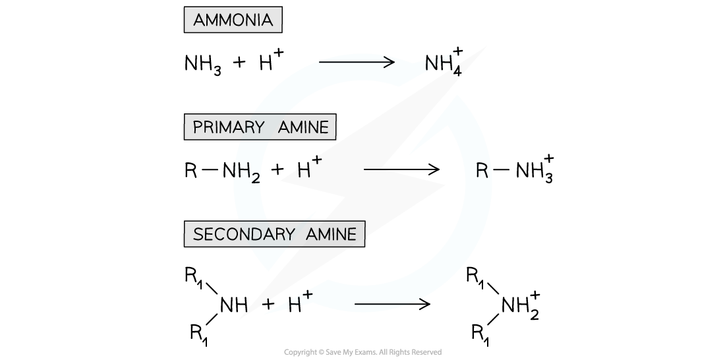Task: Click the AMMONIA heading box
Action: pyautogui.click(x=233, y=20)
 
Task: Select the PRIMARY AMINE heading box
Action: pyautogui.click(x=260, y=127)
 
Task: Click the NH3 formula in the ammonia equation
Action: pyautogui.click(x=203, y=65)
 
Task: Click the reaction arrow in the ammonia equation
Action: pyautogui.click(x=357, y=62)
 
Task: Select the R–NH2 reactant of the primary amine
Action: pyautogui.click(x=224, y=171)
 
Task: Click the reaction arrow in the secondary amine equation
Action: pyautogui.click(x=392, y=304)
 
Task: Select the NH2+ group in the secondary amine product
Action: pyautogui.click(x=521, y=305)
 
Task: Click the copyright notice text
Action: pyautogui.click(x=362, y=353)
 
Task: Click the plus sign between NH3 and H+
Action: pyautogui.click(x=239, y=63)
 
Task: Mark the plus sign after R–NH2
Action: pyautogui.click(x=277, y=170)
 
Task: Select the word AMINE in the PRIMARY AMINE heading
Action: pyautogui.click(x=303, y=127)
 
